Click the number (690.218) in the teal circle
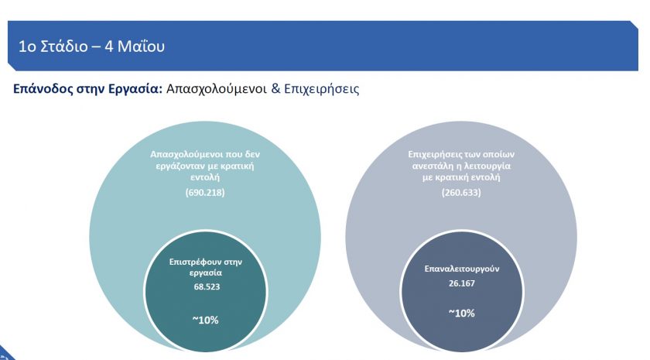pyautogui.click(x=205, y=192)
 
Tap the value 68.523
pyautogui.click(x=205, y=286)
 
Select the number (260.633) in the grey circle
pyautogui.click(x=461, y=192)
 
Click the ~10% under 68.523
pyautogui.click(x=205, y=319)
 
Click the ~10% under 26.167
pyautogui.click(x=461, y=313)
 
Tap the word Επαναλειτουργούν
pyautogui.click(x=461, y=272)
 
